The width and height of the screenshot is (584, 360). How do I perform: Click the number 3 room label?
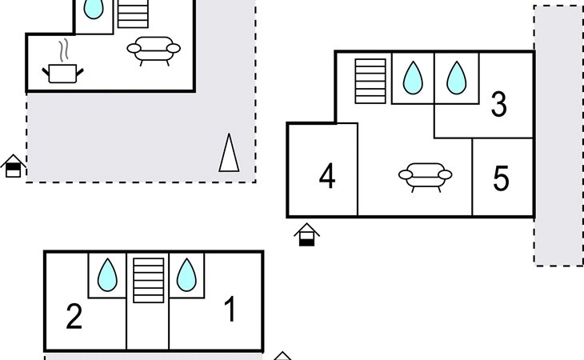click(x=498, y=105)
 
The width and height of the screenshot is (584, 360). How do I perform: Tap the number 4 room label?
click(x=326, y=176)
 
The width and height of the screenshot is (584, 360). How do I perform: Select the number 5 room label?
click(x=501, y=179)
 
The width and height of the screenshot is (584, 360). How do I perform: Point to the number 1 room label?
click(x=230, y=310)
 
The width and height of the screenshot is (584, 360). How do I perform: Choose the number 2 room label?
click(x=74, y=317)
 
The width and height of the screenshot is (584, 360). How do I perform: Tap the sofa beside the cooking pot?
click(x=154, y=50)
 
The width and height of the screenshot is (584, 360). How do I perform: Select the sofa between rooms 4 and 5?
click(x=425, y=176)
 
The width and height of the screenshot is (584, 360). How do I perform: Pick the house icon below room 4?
click(x=306, y=234)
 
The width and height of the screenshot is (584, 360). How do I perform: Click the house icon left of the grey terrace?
click(x=13, y=166)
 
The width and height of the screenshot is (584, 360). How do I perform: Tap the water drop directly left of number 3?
click(x=456, y=78)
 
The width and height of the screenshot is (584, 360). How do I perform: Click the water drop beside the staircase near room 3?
click(x=413, y=78)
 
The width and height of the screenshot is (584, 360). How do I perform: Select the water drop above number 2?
click(x=106, y=275)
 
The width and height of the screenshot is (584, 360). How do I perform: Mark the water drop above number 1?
click(x=186, y=275)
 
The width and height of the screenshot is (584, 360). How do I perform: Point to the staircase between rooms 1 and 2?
click(x=148, y=280)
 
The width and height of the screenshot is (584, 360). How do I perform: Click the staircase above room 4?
click(x=370, y=81)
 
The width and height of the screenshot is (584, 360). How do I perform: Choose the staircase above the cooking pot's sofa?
click(x=133, y=14)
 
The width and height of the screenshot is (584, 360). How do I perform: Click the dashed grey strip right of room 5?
click(x=558, y=136)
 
